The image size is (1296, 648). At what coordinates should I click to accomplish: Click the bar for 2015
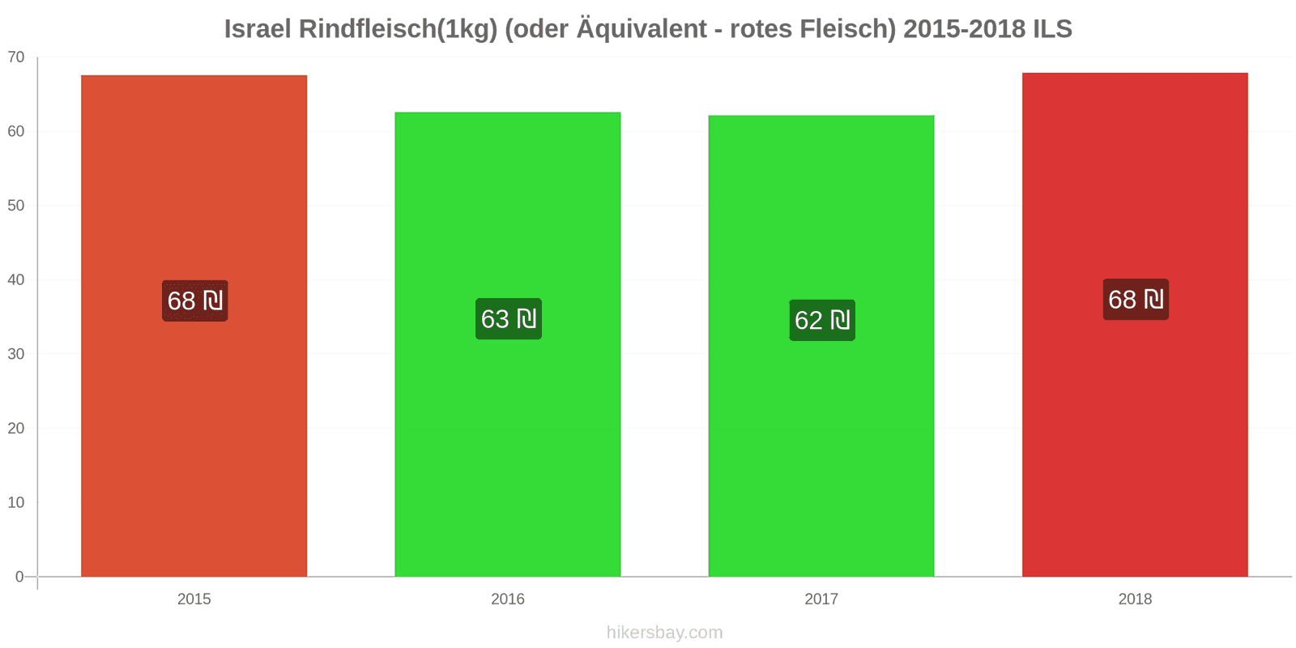click(194, 326)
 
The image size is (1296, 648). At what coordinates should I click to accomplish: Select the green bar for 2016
click(507, 344)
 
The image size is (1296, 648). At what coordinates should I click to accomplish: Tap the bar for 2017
click(821, 346)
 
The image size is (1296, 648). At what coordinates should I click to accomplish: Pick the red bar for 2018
click(1135, 325)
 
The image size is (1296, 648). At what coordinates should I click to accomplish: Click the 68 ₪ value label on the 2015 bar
click(195, 301)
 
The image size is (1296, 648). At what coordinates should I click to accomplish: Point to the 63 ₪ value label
click(509, 319)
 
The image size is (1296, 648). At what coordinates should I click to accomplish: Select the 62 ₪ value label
click(822, 320)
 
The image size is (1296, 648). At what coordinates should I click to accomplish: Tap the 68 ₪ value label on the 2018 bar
click(1136, 299)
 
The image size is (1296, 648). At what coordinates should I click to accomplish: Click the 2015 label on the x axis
click(194, 599)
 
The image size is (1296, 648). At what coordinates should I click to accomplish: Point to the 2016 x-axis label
click(507, 599)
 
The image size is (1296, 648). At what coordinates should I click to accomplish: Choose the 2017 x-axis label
click(821, 599)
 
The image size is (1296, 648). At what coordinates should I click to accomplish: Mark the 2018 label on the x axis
click(1135, 599)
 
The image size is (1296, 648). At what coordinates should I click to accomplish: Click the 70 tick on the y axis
click(16, 57)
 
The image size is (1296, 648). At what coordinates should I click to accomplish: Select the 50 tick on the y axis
click(16, 206)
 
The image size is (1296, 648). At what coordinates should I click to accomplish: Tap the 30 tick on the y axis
click(16, 353)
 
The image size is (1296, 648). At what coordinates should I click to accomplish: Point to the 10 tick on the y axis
click(16, 502)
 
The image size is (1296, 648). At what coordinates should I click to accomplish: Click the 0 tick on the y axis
click(19, 576)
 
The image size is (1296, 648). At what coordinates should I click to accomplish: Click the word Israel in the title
click(258, 29)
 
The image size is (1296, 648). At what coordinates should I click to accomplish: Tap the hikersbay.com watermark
click(665, 633)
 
